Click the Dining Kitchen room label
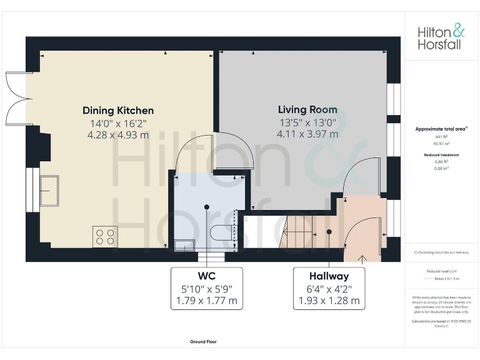coord(118,111)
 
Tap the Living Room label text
coord(307,110)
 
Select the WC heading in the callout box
coord(206,276)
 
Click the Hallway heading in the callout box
coord(329,276)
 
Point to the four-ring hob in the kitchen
coord(105,237)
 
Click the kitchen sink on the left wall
coord(49,191)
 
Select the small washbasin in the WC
coord(184,245)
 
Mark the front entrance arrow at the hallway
coord(361,258)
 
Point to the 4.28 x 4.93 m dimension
coord(118,134)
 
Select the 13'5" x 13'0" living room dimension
coord(307,122)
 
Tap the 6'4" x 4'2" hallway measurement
coord(329,288)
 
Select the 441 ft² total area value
coord(441,136)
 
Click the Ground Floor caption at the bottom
coord(203,342)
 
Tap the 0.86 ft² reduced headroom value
coord(441,161)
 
